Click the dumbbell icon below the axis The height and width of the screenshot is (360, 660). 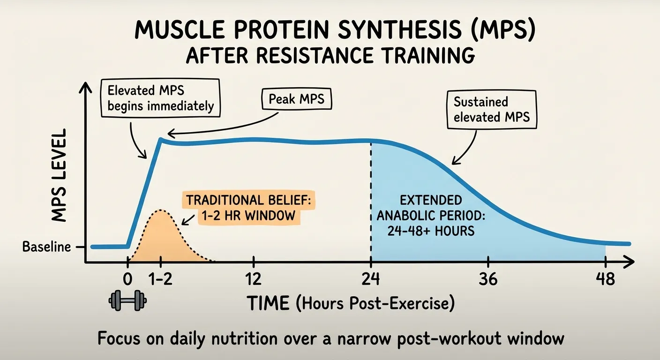[x=127, y=300]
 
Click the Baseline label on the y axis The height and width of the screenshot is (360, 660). [x=46, y=247]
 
